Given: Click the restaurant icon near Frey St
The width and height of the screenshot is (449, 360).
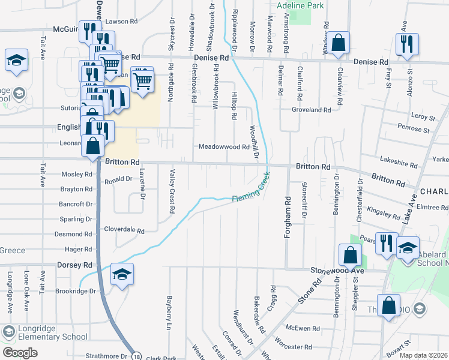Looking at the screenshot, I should click(x=407, y=44).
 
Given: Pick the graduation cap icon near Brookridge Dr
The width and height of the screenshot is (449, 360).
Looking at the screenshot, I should click(x=122, y=275).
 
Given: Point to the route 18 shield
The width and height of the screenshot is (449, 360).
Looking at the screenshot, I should click(x=137, y=355).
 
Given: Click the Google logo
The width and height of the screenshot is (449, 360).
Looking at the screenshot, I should click(x=20, y=353).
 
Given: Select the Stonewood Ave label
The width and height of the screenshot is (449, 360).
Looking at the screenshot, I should click(x=338, y=271).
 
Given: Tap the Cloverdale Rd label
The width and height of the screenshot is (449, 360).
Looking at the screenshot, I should click(x=124, y=230).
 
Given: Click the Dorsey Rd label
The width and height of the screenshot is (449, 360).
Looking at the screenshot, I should click(x=74, y=265).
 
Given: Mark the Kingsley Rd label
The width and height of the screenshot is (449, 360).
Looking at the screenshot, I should click(x=384, y=212).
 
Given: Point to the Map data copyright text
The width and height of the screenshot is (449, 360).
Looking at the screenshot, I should click(x=427, y=355).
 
